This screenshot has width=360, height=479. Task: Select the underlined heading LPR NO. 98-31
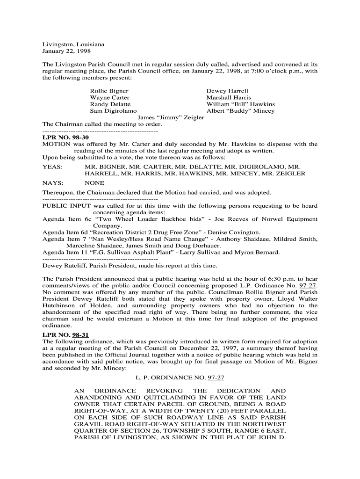[65, 335]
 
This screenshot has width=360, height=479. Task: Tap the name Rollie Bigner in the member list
[109, 91]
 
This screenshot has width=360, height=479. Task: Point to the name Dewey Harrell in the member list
[227, 91]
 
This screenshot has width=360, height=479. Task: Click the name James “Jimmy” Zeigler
[171, 118]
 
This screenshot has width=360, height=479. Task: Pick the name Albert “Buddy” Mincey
[240, 111]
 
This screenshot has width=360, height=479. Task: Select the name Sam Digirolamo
[113, 111]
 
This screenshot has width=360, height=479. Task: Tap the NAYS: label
[53, 183]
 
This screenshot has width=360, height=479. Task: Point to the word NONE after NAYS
[94, 183]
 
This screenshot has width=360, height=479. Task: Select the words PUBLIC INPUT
[67, 206]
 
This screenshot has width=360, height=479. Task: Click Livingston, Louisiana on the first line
[73, 44]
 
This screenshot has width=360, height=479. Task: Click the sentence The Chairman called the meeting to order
[102, 124]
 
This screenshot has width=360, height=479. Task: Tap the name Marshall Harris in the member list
[229, 97]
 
